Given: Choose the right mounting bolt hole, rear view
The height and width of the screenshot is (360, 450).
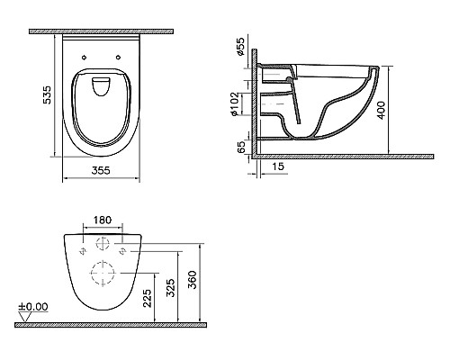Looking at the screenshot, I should [x=121, y=243].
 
